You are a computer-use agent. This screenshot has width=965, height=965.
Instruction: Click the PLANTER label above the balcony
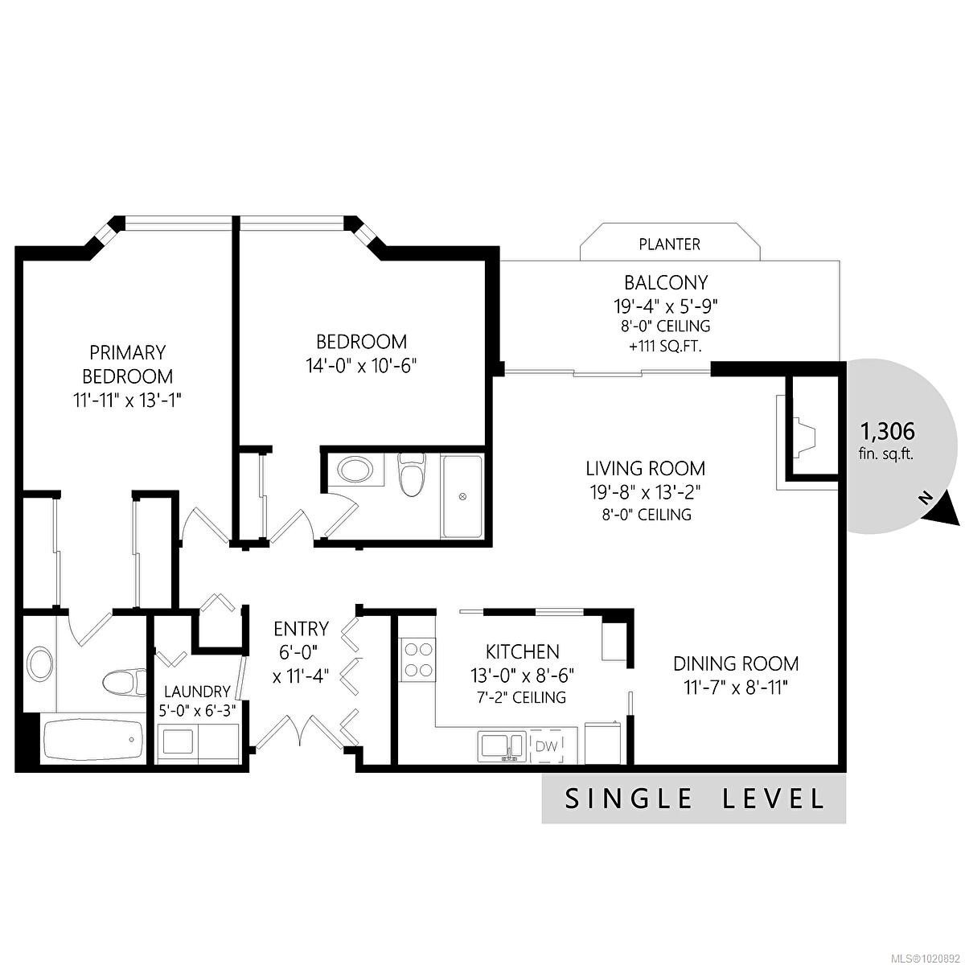(x=669, y=244)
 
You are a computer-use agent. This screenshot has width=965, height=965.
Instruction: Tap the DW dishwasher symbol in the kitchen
(x=546, y=746)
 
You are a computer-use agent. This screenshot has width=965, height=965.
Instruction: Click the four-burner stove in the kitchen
(x=418, y=659)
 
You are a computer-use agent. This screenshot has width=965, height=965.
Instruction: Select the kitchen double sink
(x=501, y=746)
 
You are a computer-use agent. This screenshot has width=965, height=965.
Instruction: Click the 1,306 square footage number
(x=887, y=432)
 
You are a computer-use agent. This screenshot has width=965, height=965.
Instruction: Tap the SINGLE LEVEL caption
(x=694, y=799)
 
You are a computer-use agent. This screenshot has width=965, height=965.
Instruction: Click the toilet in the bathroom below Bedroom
(x=412, y=474)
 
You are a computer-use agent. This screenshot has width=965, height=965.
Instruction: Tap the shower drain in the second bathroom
(x=462, y=496)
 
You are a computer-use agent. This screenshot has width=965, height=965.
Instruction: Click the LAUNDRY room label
(x=197, y=692)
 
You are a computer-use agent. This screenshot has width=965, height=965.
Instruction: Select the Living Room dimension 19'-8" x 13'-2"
(x=645, y=493)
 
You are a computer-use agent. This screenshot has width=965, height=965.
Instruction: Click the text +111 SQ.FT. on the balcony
(x=664, y=347)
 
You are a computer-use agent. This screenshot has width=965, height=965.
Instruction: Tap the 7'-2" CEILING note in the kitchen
(x=521, y=697)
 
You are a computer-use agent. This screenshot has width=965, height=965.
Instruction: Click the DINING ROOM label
(x=736, y=663)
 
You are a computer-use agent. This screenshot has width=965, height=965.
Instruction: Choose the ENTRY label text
(x=301, y=629)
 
